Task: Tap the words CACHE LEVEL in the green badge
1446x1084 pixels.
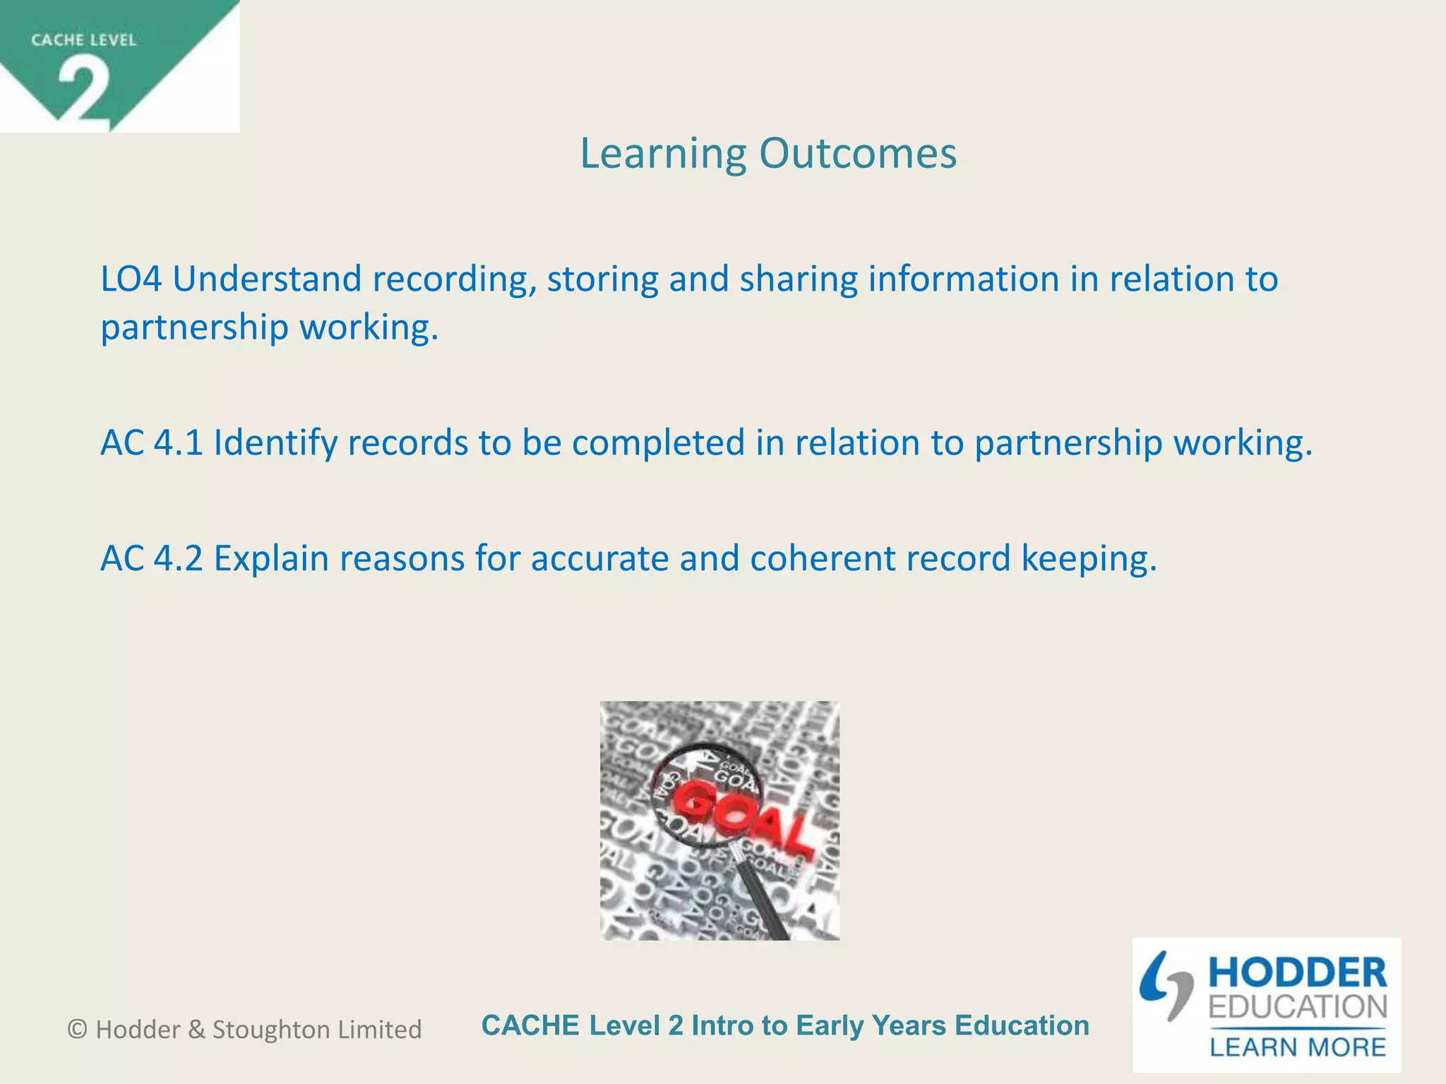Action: click(83, 40)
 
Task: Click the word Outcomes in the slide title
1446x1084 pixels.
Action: click(858, 153)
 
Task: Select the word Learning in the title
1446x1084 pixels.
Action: click(663, 153)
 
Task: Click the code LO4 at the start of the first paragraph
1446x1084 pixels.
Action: click(131, 279)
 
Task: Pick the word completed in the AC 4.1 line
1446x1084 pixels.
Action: click(658, 443)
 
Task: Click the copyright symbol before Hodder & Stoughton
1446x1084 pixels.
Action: click(78, 1030)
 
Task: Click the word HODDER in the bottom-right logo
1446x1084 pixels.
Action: click(1298, 973)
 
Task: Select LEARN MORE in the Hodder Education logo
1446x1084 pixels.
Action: click(1298, 1047)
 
